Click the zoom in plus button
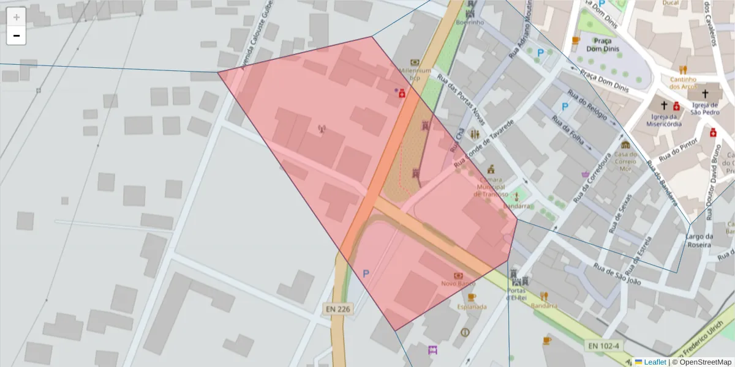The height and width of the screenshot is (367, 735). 17,17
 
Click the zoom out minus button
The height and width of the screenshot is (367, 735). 17,35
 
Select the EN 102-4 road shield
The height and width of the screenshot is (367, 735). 604,346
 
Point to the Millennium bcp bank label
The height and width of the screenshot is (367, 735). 415,74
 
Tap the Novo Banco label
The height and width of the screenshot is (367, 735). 458,284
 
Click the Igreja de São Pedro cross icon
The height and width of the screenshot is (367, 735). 704,94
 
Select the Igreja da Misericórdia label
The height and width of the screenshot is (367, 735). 663,120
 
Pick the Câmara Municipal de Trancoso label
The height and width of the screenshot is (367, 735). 490,187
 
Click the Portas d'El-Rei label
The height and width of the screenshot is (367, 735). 518,294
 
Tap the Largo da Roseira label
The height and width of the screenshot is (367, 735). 699,240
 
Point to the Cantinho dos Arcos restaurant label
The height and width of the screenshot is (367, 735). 683,83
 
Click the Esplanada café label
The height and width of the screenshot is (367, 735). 472,306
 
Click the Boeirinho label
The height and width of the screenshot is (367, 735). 470,23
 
